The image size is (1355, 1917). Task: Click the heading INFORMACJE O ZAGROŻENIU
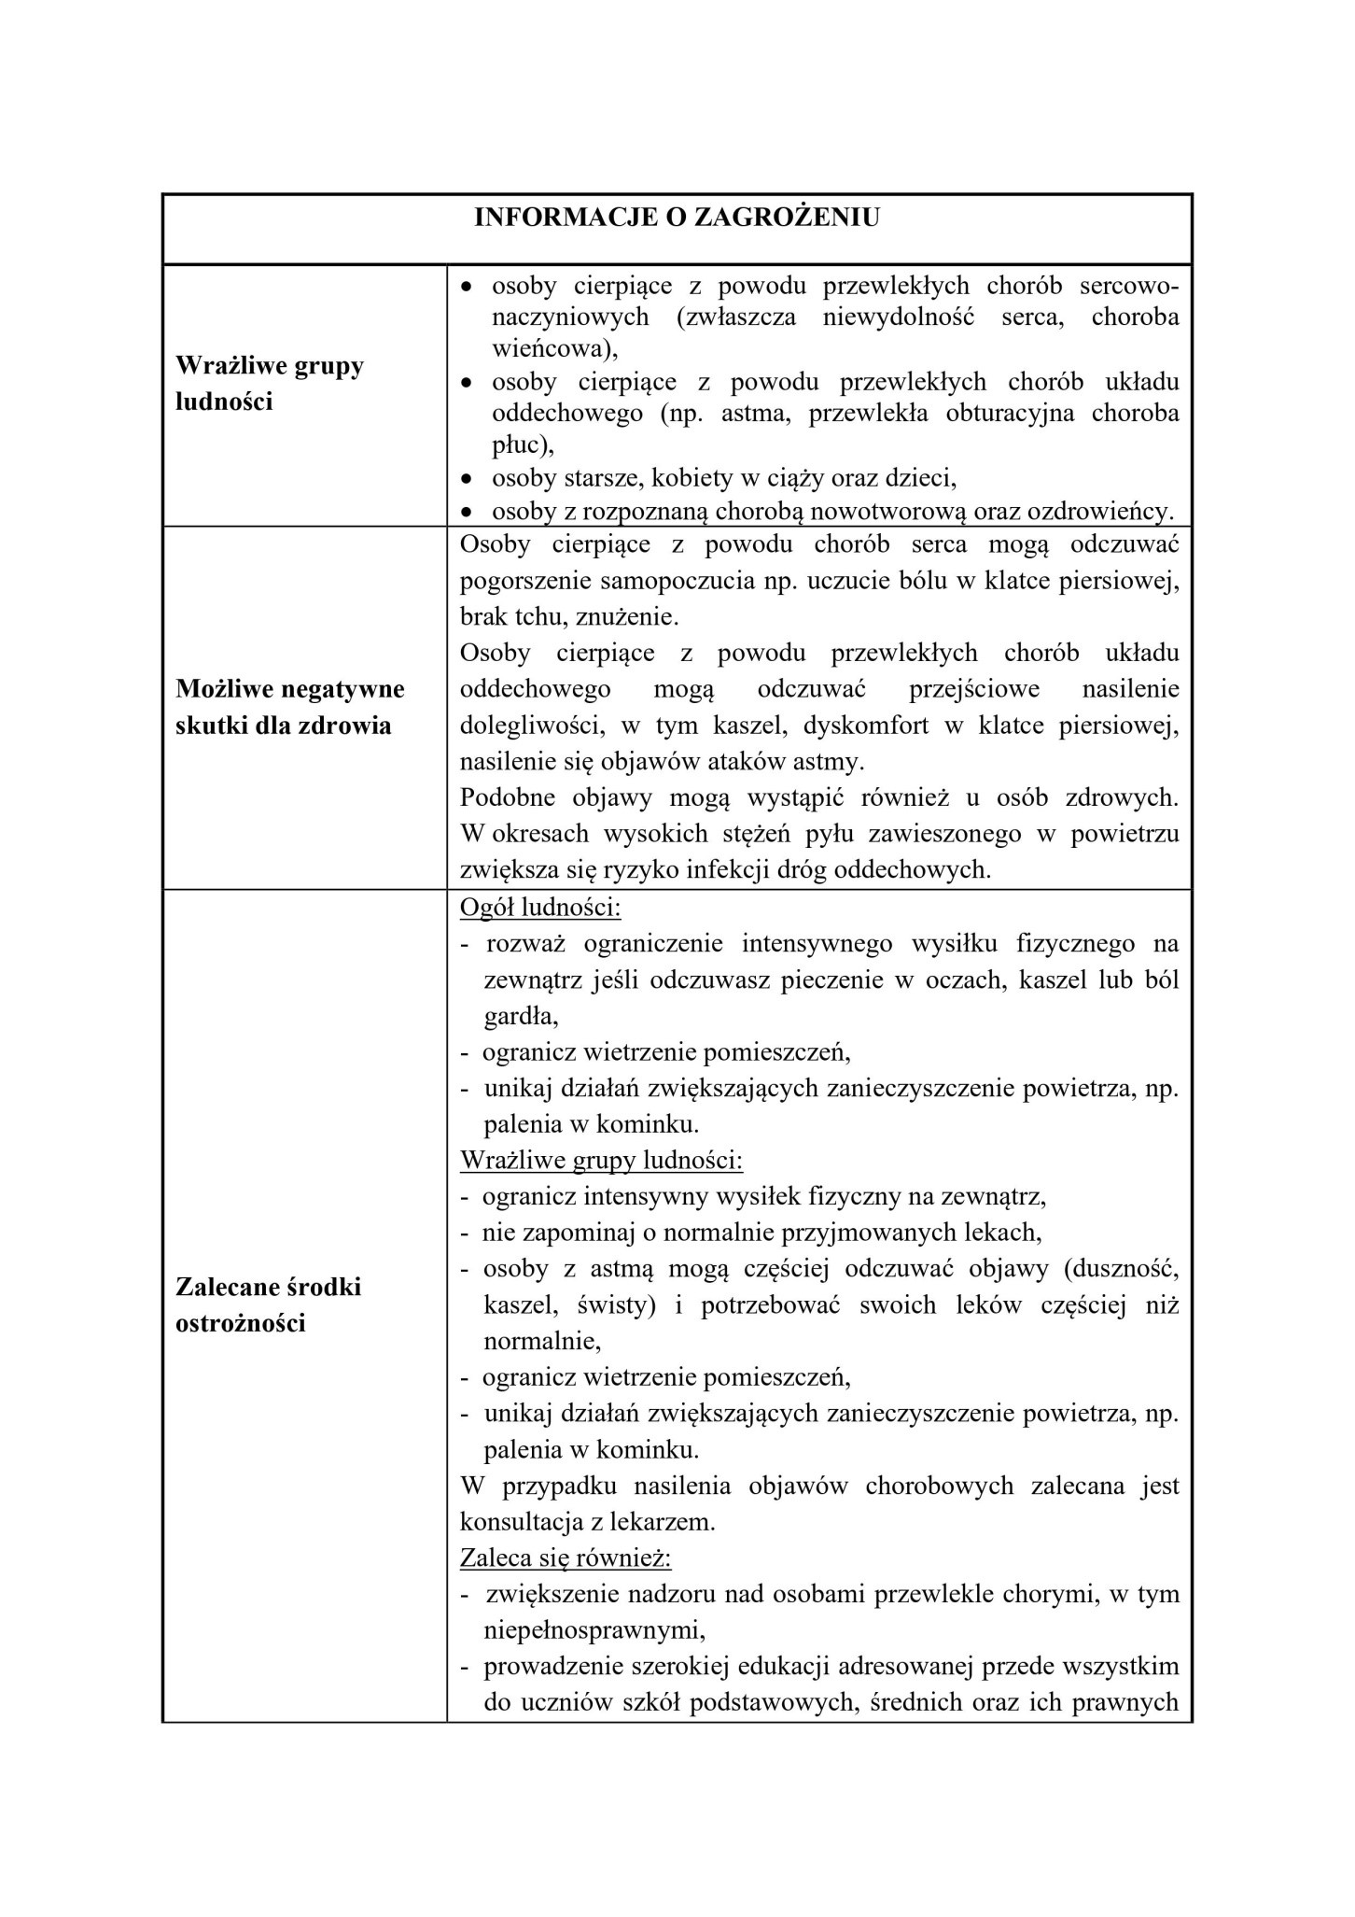pos(677,218)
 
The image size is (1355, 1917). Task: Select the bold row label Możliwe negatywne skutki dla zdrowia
pos(289,708)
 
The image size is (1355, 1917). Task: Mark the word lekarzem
pos(664,1522)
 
